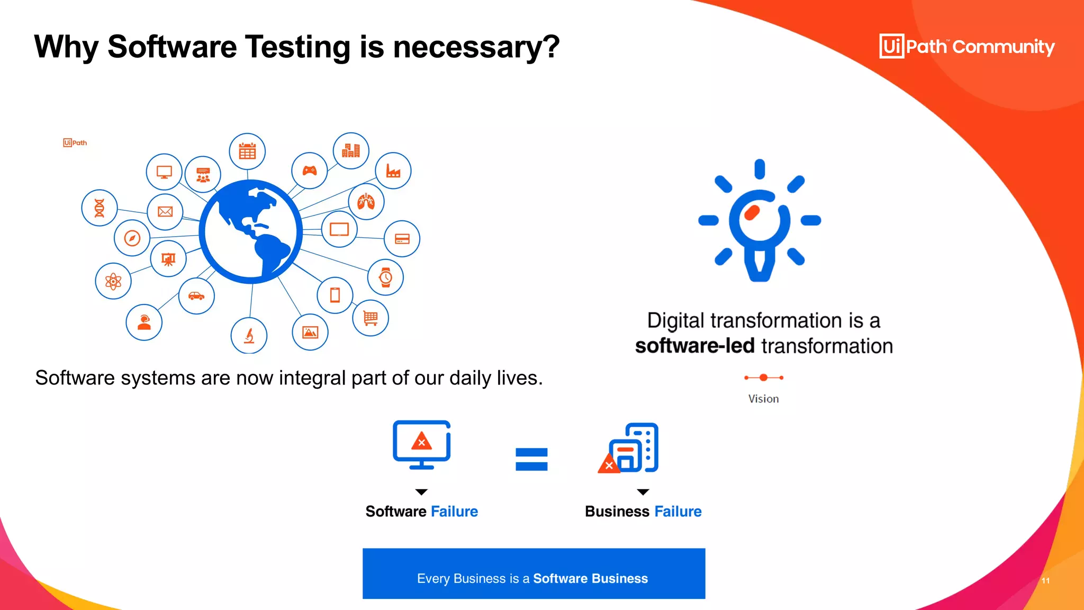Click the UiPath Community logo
966,47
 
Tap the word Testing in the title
297,47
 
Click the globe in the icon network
250,231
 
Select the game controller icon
310,171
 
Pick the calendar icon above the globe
247,151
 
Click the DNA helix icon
100,208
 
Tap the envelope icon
165,212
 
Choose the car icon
196,296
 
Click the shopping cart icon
371,318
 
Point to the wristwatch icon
386,277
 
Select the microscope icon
249,336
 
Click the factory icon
393,171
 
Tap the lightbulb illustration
760,220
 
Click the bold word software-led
694,346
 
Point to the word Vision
763,399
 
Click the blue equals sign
531,459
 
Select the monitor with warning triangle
421,444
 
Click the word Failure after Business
678,512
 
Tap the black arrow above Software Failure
421,492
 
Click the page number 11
1045,581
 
